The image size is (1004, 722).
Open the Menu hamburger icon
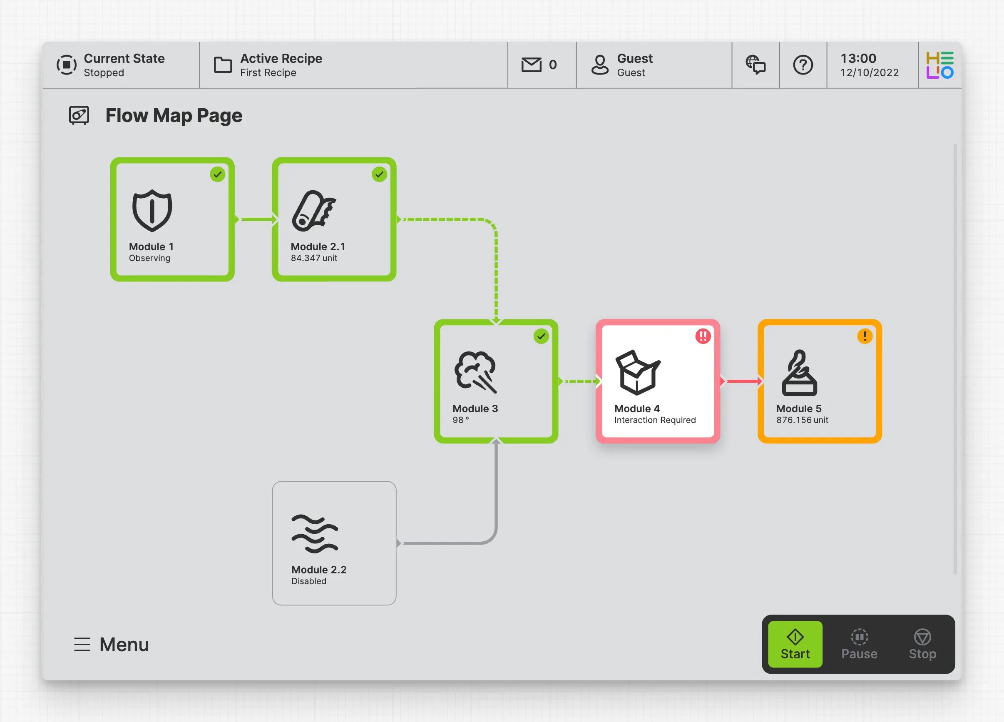click(82, 645)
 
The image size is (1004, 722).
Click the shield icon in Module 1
click(152, 210)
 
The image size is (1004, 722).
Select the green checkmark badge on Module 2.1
click(379, 174)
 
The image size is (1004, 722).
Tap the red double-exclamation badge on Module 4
click(703, 336)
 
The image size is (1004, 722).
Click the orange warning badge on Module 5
click(865, 336)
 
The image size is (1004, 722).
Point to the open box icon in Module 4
click(637, 372)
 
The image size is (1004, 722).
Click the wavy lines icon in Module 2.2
click(315, 534)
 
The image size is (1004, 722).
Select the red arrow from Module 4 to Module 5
click(742, 381)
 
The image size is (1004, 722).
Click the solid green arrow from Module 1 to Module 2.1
click(256, 219)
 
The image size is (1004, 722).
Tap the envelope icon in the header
click(531, 65)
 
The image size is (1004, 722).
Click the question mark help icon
click(803, 65)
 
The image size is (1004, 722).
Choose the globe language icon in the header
click(755, 65)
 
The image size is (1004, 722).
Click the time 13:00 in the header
click(858, 58)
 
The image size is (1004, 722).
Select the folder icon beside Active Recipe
click(223, 65)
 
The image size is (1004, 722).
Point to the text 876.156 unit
click(802, 420)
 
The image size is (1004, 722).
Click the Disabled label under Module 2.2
click(308, 581)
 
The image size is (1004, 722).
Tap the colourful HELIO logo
click(940, 65)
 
